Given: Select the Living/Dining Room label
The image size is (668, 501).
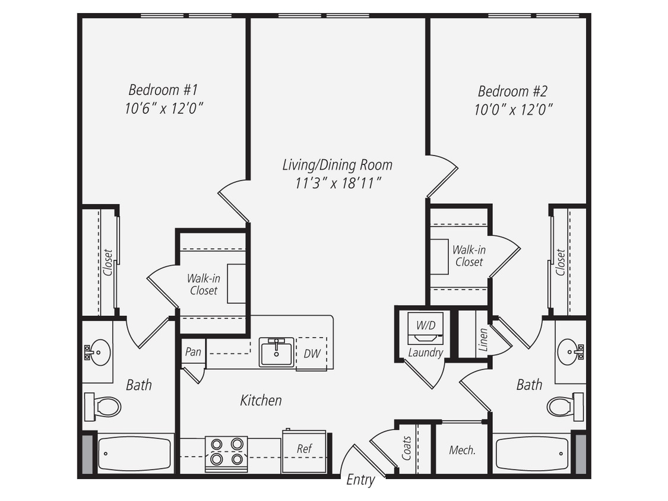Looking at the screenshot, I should [x=337, y=164].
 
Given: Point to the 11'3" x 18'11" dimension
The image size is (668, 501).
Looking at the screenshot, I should [x=337, y=183].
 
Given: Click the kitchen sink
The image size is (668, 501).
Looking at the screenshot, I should [x=276, y=353].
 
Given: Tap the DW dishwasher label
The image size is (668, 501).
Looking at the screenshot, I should [x=312, y=354].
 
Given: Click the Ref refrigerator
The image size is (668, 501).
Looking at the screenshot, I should [x=304, y=449].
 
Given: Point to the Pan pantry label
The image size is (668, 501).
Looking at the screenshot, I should [x=193, y=351].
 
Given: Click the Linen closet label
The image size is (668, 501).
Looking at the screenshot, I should [x=482, y=340].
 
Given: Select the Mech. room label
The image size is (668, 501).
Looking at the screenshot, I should [x=462, y=450].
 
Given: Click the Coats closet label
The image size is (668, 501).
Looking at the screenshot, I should [x=407, y=448].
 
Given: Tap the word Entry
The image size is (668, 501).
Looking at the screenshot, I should [x=360, y=480].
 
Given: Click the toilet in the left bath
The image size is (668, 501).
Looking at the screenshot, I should [x=103, y=407].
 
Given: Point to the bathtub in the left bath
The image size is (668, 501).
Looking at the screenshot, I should [x=134, y=454].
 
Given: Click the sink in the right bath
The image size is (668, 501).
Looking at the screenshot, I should [x=569, y=352].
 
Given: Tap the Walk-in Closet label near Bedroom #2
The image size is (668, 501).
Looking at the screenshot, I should [x=468, y=256].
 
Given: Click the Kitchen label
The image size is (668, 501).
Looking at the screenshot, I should [x=261, y=400].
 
